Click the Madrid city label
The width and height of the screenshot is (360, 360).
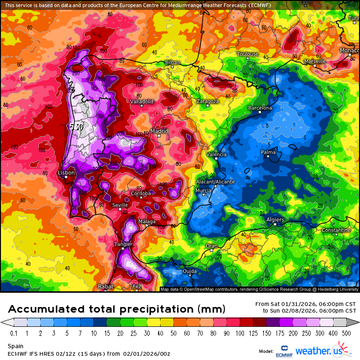click(x=160, y=131)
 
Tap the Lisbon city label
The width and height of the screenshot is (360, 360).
click(x=66, y=173)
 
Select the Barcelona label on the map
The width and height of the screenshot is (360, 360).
click(x=260, y=108)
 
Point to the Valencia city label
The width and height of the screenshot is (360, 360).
click(x=217, y=154)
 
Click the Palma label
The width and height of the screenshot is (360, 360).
click(x=268, y=152)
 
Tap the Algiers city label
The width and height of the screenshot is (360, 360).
click(x=275, y=220)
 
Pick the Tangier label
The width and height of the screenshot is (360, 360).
click(x=123, y=244)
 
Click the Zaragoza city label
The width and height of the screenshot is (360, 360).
click(x=207, y=101)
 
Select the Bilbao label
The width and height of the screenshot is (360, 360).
click(x=173, y=63)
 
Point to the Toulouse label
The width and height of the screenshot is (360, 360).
click(x=248, y=54)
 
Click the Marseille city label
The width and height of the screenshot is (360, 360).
click(x=315, y=62)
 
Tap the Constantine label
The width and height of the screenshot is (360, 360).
click(x=336, y=230)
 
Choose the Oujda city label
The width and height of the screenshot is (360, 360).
click(x=189, y=271)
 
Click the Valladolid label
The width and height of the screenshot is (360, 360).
click(x=142, y=101)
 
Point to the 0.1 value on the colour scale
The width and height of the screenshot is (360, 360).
click(x=14, y=333)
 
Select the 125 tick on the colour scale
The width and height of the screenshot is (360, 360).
click(x=255, y=333)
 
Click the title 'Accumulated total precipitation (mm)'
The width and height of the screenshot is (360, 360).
click(x=116, y=309)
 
